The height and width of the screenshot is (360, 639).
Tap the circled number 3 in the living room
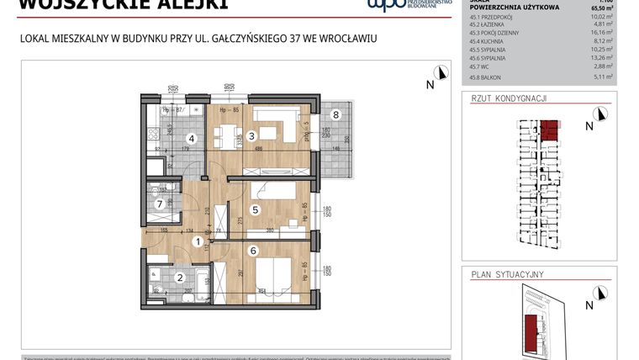click(251, 136)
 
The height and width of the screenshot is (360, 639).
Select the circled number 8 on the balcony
click(335, 114)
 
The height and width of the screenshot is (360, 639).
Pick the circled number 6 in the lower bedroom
click(252, 250)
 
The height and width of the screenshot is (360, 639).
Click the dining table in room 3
click(267, 134)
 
